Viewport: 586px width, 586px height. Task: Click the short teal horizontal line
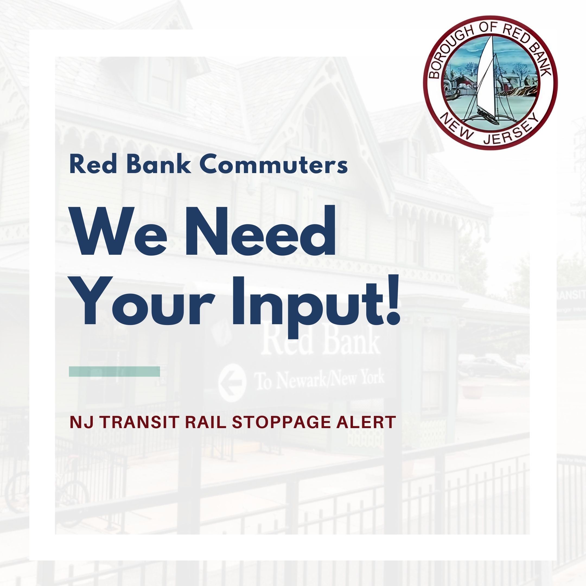coord(114,371)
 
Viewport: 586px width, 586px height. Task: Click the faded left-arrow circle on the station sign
coord(232,383)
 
